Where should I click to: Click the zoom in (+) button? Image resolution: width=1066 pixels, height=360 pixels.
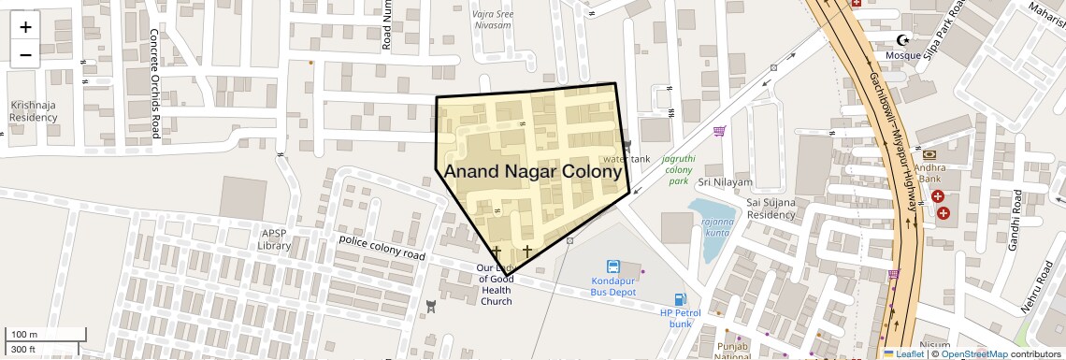(25, 27)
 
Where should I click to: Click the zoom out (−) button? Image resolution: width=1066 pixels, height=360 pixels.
(25, 54)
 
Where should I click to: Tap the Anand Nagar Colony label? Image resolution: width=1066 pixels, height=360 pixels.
(533, 171)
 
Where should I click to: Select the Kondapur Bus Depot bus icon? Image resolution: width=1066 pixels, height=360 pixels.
(613, 266)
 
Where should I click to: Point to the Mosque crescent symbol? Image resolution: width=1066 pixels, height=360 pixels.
(903, 40)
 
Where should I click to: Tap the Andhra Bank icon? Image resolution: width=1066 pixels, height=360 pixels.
(929, 153)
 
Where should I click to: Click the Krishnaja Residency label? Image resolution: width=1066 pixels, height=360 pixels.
(34, 111)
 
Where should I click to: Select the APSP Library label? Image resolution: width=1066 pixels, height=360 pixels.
(275, 239)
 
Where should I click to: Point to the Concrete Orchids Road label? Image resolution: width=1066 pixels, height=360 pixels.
(154, 83)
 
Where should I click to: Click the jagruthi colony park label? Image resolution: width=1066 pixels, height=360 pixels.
(678, 170)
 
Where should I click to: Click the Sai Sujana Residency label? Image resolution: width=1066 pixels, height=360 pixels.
(771, 209)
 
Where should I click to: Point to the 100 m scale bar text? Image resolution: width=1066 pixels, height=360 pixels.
(24, 335)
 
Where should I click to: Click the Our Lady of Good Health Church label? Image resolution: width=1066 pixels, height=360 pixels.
(496, 284)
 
